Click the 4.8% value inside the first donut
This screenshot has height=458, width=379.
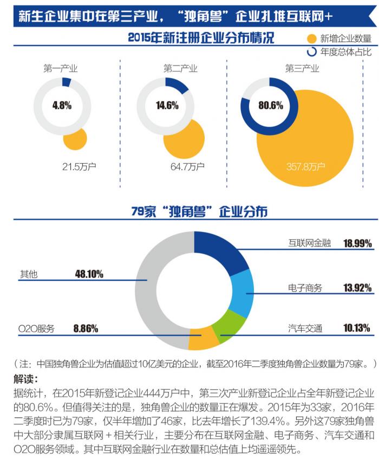click(x=62, y=105)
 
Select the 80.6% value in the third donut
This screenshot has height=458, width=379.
click(x=270, y=105)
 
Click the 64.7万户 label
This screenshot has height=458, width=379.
click(x=187, y=166)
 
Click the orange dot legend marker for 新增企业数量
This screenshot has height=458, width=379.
click(x=311, y=38)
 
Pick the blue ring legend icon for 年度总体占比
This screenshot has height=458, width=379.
click(x=311, y=53)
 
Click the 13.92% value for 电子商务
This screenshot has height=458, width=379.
click(x=357, y=287)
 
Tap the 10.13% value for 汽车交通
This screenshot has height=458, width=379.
click(x=357, y=328)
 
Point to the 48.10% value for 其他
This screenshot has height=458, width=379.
click(x=89, y=274)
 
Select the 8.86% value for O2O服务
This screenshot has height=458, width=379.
click(x=86, y=328)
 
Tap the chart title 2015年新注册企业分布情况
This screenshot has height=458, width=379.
click(x=201, y=38)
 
